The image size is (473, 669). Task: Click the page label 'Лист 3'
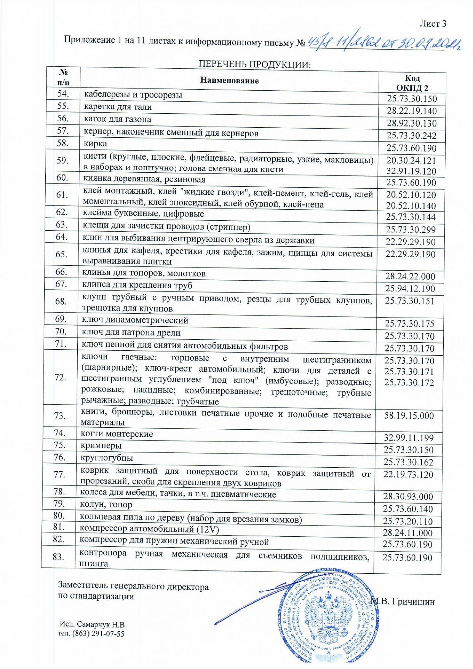coord(433,24)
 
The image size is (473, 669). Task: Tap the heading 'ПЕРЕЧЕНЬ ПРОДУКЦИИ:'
coord(255,64)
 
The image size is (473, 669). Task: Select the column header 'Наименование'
coord(229,80)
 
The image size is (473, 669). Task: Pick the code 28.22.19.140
coord(412,111)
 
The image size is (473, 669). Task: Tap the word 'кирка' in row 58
coord(95,144)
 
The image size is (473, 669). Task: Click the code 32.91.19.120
coord(411,171)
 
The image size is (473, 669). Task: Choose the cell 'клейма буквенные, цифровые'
coord(144,213)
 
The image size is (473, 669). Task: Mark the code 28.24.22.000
coord(410,276)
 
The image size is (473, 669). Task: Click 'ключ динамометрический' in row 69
coord(135,320)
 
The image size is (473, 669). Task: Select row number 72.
coord(61,377)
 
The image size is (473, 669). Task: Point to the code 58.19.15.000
coord(409,416)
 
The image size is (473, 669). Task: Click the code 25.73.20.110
coord(408,521)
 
